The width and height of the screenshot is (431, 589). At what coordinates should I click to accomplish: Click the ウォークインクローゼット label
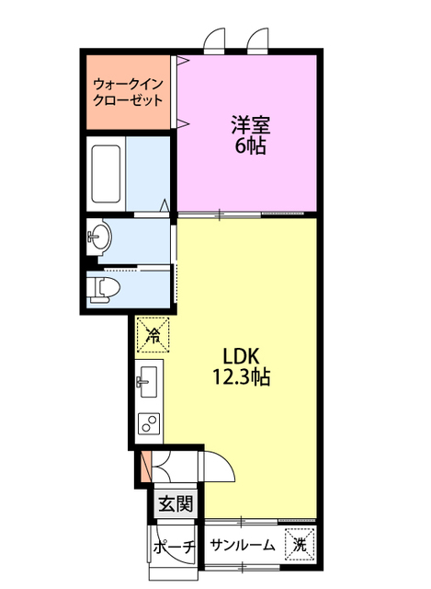coord(128,93)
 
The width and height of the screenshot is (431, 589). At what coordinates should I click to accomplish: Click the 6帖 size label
coord(249,145)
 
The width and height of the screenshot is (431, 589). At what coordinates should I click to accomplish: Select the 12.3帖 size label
coord(243,376)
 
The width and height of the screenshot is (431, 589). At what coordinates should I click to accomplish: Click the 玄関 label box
coord(175,503)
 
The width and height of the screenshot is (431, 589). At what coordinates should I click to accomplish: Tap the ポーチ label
coord(173,546)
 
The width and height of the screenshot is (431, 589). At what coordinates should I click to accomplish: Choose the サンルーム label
coord(243,545)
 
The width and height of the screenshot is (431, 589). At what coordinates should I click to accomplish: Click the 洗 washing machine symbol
coord(300,544)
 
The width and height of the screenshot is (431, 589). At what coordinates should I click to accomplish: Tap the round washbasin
coord(98,237)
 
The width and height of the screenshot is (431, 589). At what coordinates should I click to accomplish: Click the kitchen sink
coord(148,380)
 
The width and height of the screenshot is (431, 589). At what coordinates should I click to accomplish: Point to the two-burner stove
coord(148,422)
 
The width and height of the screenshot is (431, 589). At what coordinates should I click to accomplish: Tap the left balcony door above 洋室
coord(214,40)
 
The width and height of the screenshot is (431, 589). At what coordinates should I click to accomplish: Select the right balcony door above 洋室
coord(257,40)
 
